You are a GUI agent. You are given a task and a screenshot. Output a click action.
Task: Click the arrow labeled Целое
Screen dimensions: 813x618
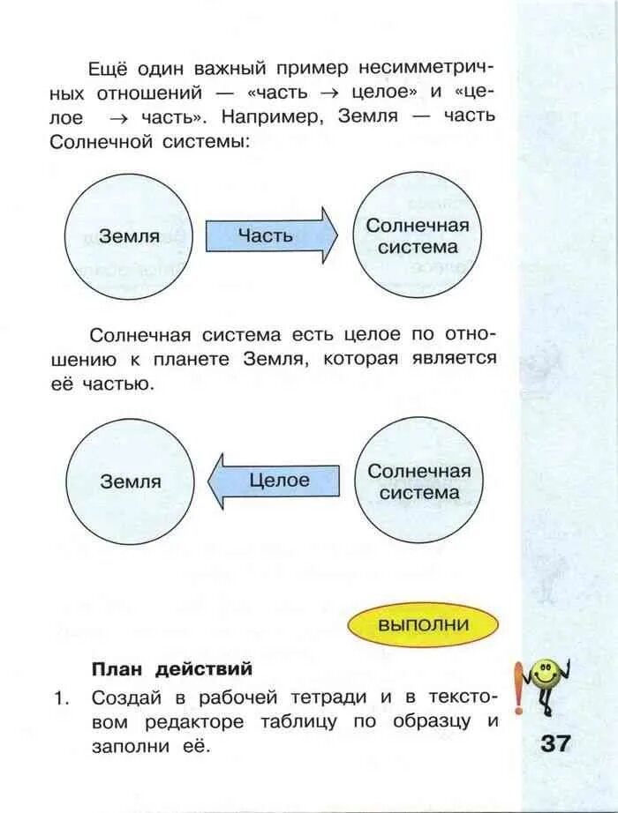(x=273, y=481)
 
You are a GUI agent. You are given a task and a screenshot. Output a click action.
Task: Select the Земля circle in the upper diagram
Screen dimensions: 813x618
(x=129, y=236)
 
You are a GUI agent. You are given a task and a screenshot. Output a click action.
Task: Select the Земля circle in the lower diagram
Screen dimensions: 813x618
(x=130, y=481)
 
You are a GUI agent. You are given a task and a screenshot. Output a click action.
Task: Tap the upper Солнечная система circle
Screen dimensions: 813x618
(x=418, y=236)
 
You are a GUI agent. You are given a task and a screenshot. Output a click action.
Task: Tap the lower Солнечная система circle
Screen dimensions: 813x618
(x=418, y=481)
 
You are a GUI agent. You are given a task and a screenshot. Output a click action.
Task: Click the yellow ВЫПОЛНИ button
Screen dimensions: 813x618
(x=423, y=625)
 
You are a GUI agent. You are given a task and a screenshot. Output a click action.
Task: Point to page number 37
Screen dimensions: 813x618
(x=556, y=742)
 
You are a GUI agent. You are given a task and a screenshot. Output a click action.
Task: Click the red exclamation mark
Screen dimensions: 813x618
(x=518, y=696)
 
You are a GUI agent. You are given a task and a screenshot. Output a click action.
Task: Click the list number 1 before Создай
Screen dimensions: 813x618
(x=60, y=697)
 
